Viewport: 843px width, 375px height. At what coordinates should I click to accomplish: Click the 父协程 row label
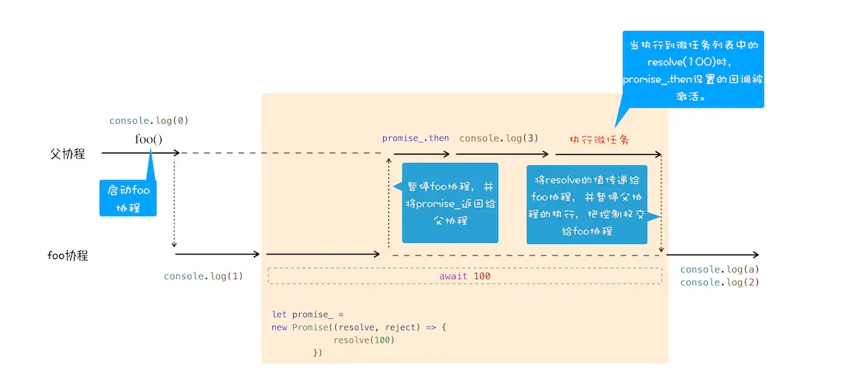67,154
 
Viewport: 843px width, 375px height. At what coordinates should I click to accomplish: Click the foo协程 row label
68,255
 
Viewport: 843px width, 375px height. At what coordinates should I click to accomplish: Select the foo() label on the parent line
148,139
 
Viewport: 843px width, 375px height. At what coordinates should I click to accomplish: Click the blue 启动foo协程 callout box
128,199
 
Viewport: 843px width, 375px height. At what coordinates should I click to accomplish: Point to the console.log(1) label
204,276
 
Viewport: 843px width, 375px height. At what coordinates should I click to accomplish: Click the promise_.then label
415,138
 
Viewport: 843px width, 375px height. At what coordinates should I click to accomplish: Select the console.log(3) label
499,138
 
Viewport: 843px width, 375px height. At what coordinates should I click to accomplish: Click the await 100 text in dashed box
464,276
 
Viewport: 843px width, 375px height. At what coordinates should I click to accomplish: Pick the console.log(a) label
720,269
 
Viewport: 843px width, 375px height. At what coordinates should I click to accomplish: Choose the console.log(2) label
720,282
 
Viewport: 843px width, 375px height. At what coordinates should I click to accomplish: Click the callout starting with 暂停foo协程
450,202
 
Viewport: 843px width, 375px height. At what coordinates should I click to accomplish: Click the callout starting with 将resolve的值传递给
587,204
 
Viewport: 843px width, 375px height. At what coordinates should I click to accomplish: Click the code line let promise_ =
308,314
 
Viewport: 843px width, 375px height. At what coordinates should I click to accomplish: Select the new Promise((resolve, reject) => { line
359,327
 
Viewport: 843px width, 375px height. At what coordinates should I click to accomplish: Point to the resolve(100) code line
364,340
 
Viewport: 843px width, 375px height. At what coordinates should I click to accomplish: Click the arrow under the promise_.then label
421,154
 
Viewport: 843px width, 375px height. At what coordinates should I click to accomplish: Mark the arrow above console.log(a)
712,255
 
